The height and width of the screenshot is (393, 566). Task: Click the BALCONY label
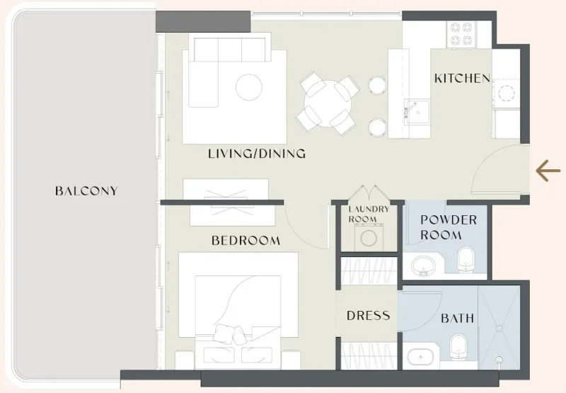86,190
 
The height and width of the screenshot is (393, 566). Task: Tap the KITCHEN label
462,78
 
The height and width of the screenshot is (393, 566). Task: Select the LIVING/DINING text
257,154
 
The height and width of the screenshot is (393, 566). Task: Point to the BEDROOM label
246,241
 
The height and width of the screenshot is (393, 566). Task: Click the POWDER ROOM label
449,227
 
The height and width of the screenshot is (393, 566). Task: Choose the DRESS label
368,316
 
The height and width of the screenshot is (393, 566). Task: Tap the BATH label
458,319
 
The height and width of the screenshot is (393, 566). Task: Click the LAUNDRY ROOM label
368,214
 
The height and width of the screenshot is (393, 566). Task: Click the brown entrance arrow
548,171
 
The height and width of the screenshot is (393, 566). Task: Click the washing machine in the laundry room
368,237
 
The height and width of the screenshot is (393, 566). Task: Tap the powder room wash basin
422,266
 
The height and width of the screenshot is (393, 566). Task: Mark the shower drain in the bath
500,360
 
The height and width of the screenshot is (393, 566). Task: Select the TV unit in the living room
226,192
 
